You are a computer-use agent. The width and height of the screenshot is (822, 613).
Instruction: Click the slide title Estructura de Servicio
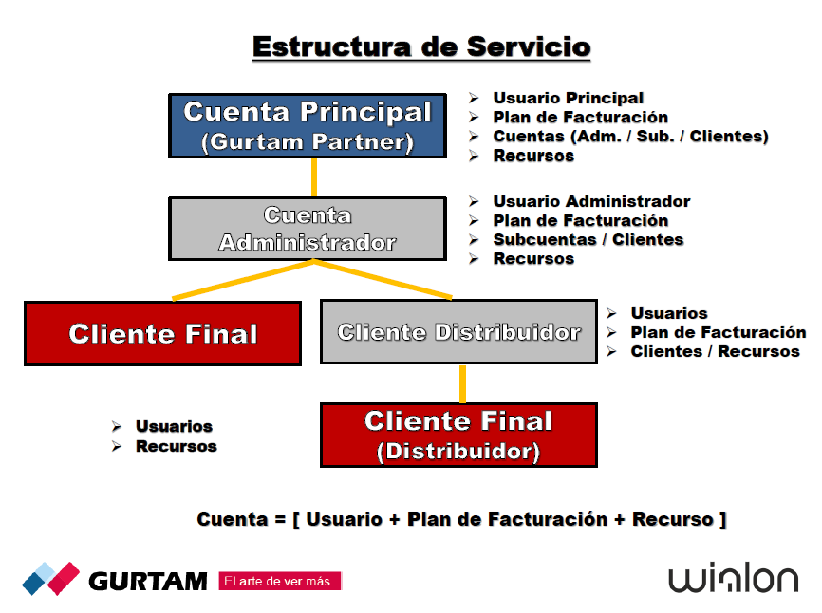421,46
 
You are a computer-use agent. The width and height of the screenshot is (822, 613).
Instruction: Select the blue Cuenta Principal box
308,125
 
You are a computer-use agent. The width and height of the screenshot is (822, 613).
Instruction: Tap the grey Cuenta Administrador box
308,229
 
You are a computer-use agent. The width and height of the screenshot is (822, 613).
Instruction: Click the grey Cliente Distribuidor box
459,332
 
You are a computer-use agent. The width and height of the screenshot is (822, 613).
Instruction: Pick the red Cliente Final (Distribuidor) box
458,435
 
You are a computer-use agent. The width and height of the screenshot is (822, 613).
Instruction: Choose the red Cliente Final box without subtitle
162,333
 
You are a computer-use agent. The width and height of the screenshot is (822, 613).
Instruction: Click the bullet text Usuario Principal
568,98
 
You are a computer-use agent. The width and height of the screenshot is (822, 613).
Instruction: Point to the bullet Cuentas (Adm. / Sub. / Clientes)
630,136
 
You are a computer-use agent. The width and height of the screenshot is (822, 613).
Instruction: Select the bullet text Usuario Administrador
591,201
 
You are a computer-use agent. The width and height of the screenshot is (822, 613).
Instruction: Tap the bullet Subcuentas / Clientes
588,239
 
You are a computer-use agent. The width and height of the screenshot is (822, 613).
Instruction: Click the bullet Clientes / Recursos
715,351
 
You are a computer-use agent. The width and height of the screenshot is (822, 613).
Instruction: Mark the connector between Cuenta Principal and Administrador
314,177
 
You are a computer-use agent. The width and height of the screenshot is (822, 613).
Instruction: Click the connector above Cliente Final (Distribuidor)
462,383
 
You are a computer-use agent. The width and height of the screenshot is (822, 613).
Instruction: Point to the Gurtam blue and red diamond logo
51,578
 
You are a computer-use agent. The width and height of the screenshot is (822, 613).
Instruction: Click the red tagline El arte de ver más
279,581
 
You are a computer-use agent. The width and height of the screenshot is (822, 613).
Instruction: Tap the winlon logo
733,579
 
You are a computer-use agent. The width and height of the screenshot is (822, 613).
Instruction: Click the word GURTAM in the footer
148,580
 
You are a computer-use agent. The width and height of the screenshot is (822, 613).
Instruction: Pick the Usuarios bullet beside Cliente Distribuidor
669,313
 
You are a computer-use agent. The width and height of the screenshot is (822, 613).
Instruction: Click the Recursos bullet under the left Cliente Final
177,446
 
